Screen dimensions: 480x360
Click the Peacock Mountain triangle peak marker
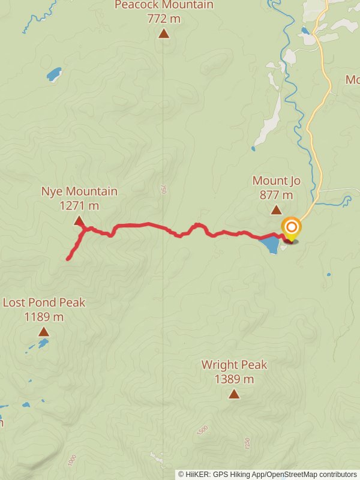(163, 34)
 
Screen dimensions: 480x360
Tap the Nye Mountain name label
(79, 191)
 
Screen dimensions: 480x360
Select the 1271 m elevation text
(79, 206)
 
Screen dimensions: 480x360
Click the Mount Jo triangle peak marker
(276, 210)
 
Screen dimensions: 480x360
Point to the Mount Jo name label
(276, 181)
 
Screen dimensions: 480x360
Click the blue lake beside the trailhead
(270, 244)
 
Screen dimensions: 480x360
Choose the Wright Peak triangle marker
(234, 394)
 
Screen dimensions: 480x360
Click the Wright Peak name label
(234, 365)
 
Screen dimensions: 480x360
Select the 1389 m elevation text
(234, 379)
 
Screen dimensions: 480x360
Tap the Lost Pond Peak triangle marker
(44, 332)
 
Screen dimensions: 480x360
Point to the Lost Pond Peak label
(44, 302)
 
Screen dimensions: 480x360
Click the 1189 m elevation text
(44, 317)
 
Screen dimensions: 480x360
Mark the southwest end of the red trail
(68, 259)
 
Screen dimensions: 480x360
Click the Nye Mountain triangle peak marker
(79, 221)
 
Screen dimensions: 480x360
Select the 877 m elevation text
(276, 195)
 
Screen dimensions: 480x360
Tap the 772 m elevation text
(163, 19)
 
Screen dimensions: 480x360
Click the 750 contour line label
(163, 190)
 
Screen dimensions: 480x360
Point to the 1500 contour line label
(202, 430)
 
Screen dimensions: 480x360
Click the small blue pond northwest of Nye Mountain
(54, 74)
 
